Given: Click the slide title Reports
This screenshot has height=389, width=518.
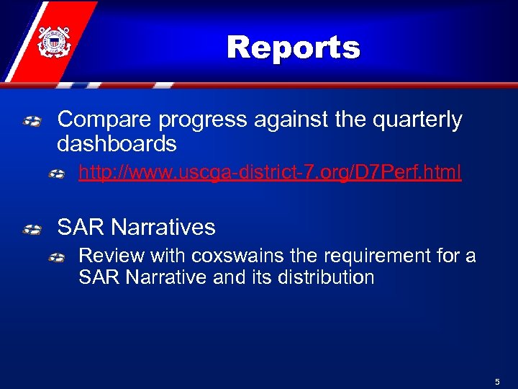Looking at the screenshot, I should pyautogui.click(x=293, y=48).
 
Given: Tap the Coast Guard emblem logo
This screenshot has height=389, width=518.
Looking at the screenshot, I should pyautogui.click(x=53, y=43).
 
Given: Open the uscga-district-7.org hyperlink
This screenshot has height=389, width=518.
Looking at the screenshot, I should pyautogui.click(x=269, y=173).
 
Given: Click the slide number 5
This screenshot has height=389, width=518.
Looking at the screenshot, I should pyautogui.click(x=497, y=381).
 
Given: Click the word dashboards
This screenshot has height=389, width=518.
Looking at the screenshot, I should pyautogui.click(x=117, y=143).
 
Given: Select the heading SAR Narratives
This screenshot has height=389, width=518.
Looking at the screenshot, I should pyautogui.click(x=136, y=228).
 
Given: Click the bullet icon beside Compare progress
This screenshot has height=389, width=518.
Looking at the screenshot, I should pyautogui.click(x=32, y=122).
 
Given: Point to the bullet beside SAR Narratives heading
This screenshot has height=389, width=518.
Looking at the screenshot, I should pyautogui.click(x=32, y=230).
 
